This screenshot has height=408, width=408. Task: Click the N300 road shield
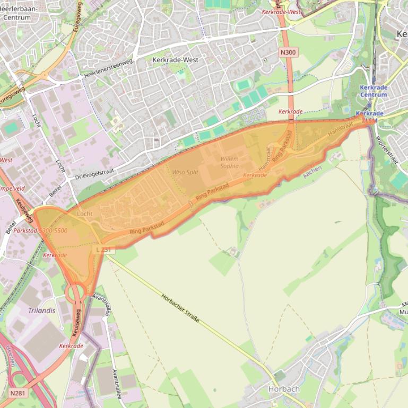pyautogui.click(x=289, y=52)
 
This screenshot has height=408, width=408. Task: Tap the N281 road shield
pyautogui.click(x=17, y=393)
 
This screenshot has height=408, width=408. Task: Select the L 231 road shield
pyautogui.click(x=105, y=250)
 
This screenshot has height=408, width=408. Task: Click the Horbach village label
pyautogui.click(x=284, y=389)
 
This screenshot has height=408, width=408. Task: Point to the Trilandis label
pyautogui.click(x=41, y=311)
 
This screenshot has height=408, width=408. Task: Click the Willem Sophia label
pyautogui.click(x=229, y=162)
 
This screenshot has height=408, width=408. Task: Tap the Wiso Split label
pyautogui.click(x=185, y=172)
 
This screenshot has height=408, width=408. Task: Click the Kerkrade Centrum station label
pyautogui.click(x=374, y=91)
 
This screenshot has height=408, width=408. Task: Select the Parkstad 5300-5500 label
pyautogui.click(x=40, y=231)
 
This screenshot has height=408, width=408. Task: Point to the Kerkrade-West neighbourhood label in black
pyautogui.click(x=175, y=60)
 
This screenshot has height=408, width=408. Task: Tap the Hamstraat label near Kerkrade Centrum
pyautogui.click(x=340, y=129)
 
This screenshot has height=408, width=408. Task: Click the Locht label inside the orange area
pyautogui.click(x=84, y=214)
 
